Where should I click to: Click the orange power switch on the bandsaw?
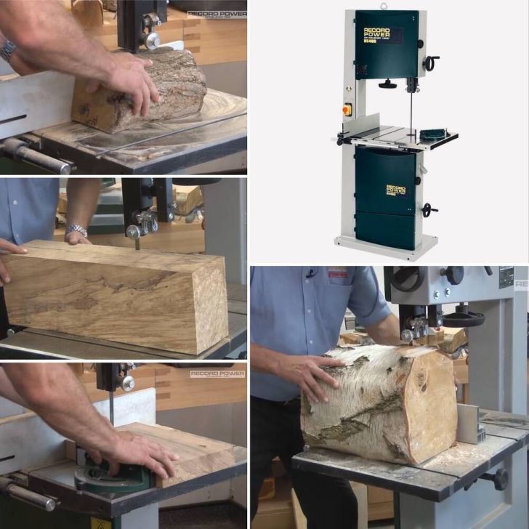point(347,110)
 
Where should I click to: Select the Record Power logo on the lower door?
point(395,190)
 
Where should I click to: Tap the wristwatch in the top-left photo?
point(8,49)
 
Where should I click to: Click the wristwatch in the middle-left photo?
point(76,230)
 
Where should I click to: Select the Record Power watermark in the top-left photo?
point(216,14)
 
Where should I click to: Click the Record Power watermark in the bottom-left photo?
point(217,373)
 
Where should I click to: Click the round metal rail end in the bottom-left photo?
point(51,502)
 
